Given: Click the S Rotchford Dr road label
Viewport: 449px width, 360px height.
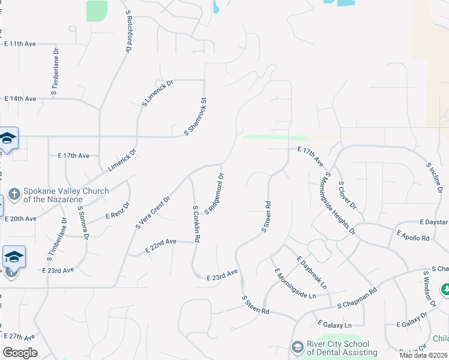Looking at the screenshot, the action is pyautogui.click(x=128, y=32).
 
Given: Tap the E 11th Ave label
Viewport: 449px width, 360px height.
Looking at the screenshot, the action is pyautogui.click(x=20, y=44).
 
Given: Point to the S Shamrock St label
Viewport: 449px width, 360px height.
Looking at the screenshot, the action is pyautogui.click(x=195, y=116).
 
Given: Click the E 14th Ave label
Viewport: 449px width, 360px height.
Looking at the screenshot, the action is pyautogui.click(x=20, y=98).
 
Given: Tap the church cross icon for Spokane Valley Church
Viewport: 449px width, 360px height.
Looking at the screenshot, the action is pyautogui.click(x=14, y=196).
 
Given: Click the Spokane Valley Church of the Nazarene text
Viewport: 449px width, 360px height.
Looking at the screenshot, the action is pyautogui.click(x=66, y=196).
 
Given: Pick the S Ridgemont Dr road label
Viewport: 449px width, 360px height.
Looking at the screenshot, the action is pyautogui.click(x=214, y=194).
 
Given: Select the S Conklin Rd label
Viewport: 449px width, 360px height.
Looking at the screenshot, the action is pyautogui.click(x=196, y=224).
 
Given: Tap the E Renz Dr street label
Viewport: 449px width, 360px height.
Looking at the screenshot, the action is pyautogui.click(x=118, y=211).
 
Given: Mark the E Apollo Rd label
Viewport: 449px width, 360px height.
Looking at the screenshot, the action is pyautogui.click(x=414, y=235).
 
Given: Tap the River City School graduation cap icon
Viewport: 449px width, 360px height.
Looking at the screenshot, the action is pyautogui.click(x=297, y=348).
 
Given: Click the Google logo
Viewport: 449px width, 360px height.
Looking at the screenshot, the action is pyautogui.click(x=20, y=352).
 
